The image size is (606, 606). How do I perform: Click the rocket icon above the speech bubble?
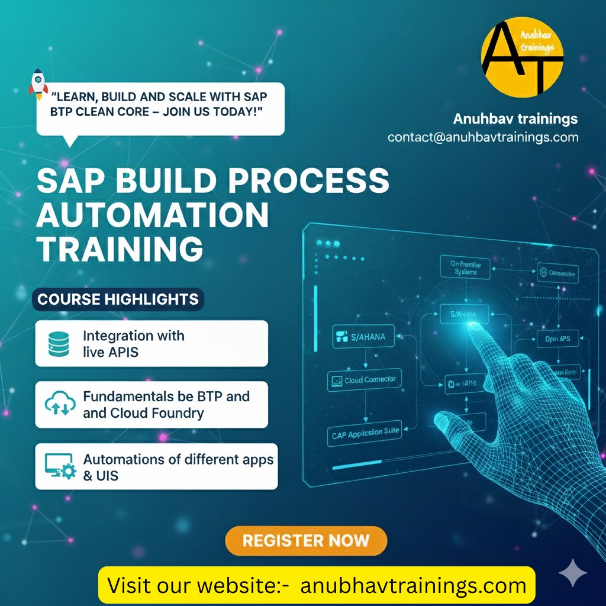click(x=38, y=83)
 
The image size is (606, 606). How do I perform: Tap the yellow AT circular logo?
click(x=522, y=56)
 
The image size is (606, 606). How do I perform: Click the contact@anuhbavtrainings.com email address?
click(x=483, y=137)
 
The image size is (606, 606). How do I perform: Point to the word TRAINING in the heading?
click(x=120, y=249)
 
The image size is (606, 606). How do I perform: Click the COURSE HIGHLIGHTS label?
click(x=118, y=299)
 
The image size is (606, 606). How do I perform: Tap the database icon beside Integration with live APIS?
click(x=59, y=344)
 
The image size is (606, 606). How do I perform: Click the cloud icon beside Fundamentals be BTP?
click(x=60, y=405)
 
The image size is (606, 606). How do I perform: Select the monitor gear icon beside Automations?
click(x=60, y=466)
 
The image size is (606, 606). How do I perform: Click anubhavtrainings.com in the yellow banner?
click(x=413, y=586)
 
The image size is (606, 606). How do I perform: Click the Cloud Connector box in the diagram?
click(x=364, y=380)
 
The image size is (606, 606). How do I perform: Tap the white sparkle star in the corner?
click(x=573, y=573)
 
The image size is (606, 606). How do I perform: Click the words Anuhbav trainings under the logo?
click(x=515, y=119)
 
